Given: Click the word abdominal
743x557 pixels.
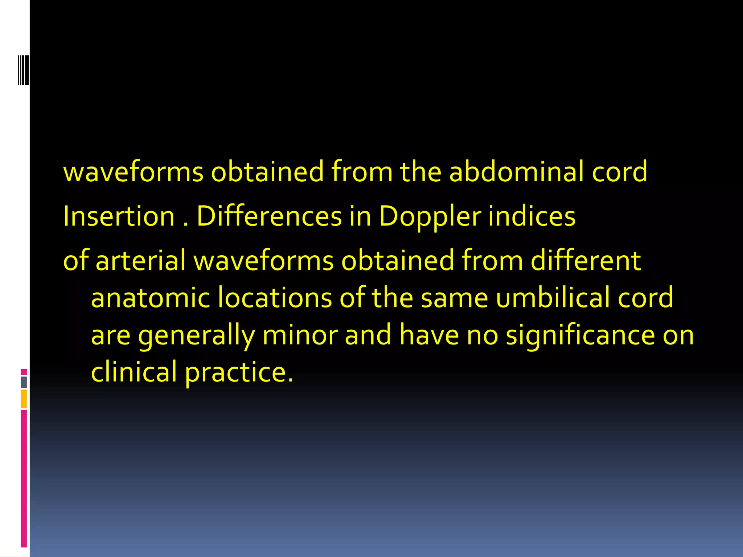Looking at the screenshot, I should tap(516, 172).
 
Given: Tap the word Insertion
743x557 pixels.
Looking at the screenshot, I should tap(119, 216).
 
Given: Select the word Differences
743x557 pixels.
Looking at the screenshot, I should tap(269, 216).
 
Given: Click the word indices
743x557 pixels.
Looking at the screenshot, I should tap(531, 216).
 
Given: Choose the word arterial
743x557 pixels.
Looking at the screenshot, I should tap(141, 261).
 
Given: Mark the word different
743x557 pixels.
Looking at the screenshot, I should tap(586, 261).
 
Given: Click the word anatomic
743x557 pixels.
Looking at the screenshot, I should tap(151, 298).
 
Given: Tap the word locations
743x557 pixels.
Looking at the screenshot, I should tap(275, 298).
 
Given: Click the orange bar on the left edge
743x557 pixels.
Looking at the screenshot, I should tap(24, 399).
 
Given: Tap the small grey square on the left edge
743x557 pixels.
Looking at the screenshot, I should tap(24, 382).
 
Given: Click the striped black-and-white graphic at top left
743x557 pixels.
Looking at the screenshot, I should tap(23, 70).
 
